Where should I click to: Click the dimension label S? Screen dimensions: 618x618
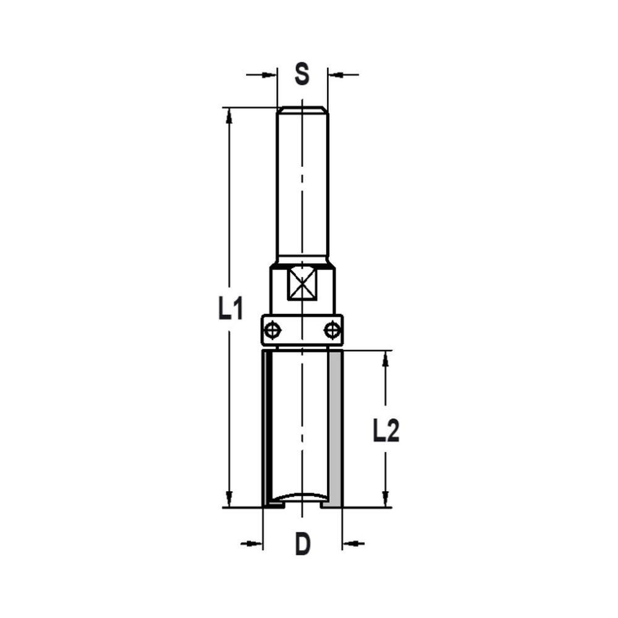tap(301, 75)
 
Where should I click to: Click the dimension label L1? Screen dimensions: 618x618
tap(229, 308)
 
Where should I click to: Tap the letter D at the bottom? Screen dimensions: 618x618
tap(302, 544)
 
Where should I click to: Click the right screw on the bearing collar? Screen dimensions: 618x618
tap(332, 329)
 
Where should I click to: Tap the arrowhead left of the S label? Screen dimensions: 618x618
tap(269, 75)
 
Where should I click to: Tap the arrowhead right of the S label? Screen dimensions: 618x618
tap(334, 75)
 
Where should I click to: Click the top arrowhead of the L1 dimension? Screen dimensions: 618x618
tap(229, 114)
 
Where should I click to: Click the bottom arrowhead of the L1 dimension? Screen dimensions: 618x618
tap(229, 499)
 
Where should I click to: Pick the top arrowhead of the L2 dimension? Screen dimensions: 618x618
tap(386, 358)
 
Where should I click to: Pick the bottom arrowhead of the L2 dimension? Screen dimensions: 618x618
tap(386, 499)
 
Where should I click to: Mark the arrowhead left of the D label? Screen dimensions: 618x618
tap(256, 544)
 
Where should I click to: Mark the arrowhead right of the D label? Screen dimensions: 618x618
tap(349, 544)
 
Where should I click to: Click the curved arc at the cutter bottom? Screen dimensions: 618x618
tap(302, 495)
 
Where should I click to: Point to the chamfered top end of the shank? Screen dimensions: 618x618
tap(302, 109)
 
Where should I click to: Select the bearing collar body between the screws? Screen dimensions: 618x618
tap(302, 329)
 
